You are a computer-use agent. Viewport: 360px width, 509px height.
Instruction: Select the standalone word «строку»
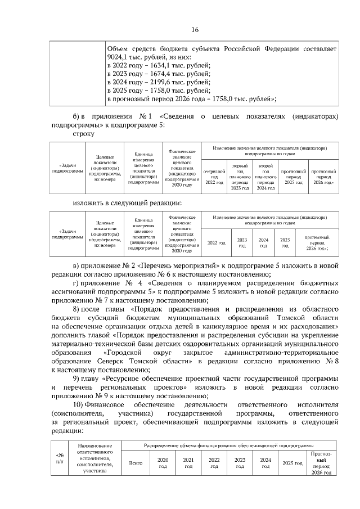coord(84,134)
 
